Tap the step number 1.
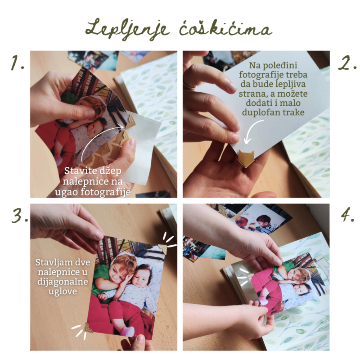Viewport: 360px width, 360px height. [x=18, y=63]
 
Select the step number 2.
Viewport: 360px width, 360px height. [x=347, y=63]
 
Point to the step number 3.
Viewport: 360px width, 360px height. [x=20, y=216]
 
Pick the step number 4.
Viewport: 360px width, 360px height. [x=347, y=214]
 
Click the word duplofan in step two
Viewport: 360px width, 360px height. [x=261, y=112]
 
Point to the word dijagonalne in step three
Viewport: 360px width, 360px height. [x=63, y=282]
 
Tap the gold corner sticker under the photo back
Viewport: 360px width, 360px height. [x=246, y=158]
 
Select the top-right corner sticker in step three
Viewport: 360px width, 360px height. [x=162, y=249]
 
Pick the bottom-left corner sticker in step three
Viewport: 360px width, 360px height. [x=87, y=328]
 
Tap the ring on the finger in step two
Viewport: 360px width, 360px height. [x=189, y=85]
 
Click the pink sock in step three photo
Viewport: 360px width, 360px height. [x=128, y=332]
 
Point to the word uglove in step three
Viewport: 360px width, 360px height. [x=63, y=292]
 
